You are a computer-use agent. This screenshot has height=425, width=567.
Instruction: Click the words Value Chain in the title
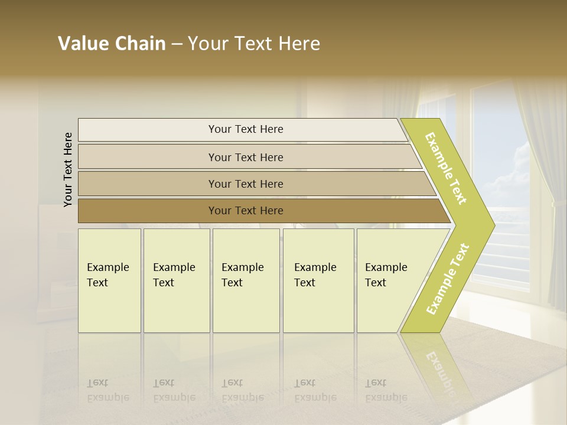[x=112, y=44]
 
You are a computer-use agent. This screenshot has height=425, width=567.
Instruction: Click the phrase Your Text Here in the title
[x=254, y=44]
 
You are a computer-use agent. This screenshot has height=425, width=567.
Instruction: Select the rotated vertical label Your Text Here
[x=68, y=169]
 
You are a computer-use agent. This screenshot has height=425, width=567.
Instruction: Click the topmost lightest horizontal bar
[x=245, y=129]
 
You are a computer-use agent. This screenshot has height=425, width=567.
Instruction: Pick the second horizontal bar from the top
[x=245, y=157]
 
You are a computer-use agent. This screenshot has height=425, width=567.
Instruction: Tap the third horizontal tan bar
[x=245, y=184]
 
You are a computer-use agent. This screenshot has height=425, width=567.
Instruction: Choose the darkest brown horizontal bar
[x=245, y=211]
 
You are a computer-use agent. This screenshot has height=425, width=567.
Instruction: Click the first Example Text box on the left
[x=109, y=280]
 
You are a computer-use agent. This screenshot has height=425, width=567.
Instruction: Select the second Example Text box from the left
[x=176, y=280]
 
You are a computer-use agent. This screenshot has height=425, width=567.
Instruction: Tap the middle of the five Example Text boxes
[x=245, y=280]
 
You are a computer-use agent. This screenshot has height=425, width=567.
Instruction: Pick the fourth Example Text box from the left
[x=318, y=280]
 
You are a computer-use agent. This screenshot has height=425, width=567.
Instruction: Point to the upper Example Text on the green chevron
[x=446, y=169]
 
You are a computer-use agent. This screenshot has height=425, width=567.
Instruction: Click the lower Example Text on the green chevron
[x=447, y=279]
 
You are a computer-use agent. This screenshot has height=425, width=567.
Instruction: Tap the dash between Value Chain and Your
[x=177, y=44]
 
